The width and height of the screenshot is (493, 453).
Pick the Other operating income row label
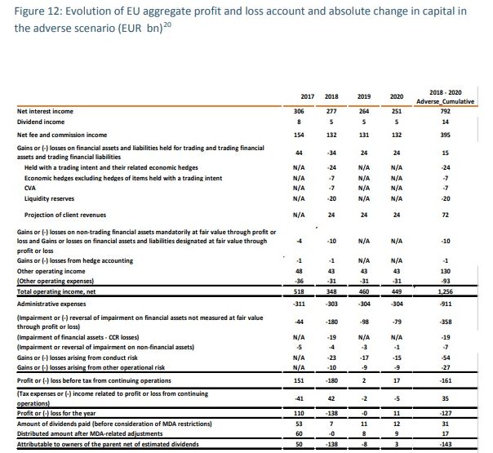coord(54,270)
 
